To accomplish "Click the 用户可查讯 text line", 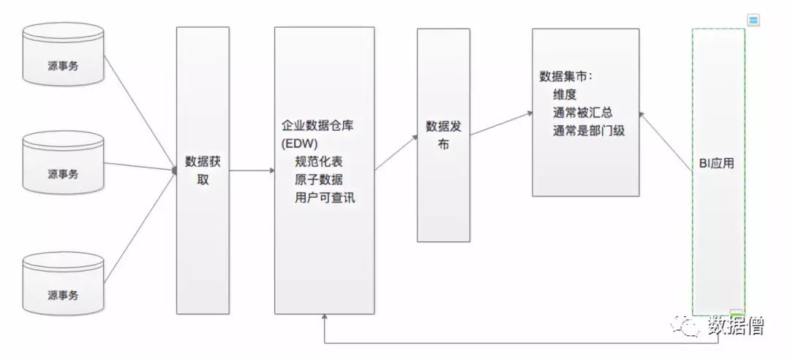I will pyautogui.click(x=326, y=197).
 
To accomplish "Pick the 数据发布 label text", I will pyautogui.click(x=443, y=135).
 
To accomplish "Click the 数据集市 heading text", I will pyautogui.click(x=566, y=77).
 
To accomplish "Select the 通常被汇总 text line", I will pyautogui.click(x=582, y=113).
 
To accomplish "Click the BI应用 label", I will pyautogui.click(x=717, y=164).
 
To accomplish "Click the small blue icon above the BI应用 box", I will pyautogui.click(x=753, y=20).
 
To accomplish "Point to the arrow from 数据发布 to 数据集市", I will pyautogui.click(x=500, y=124).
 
